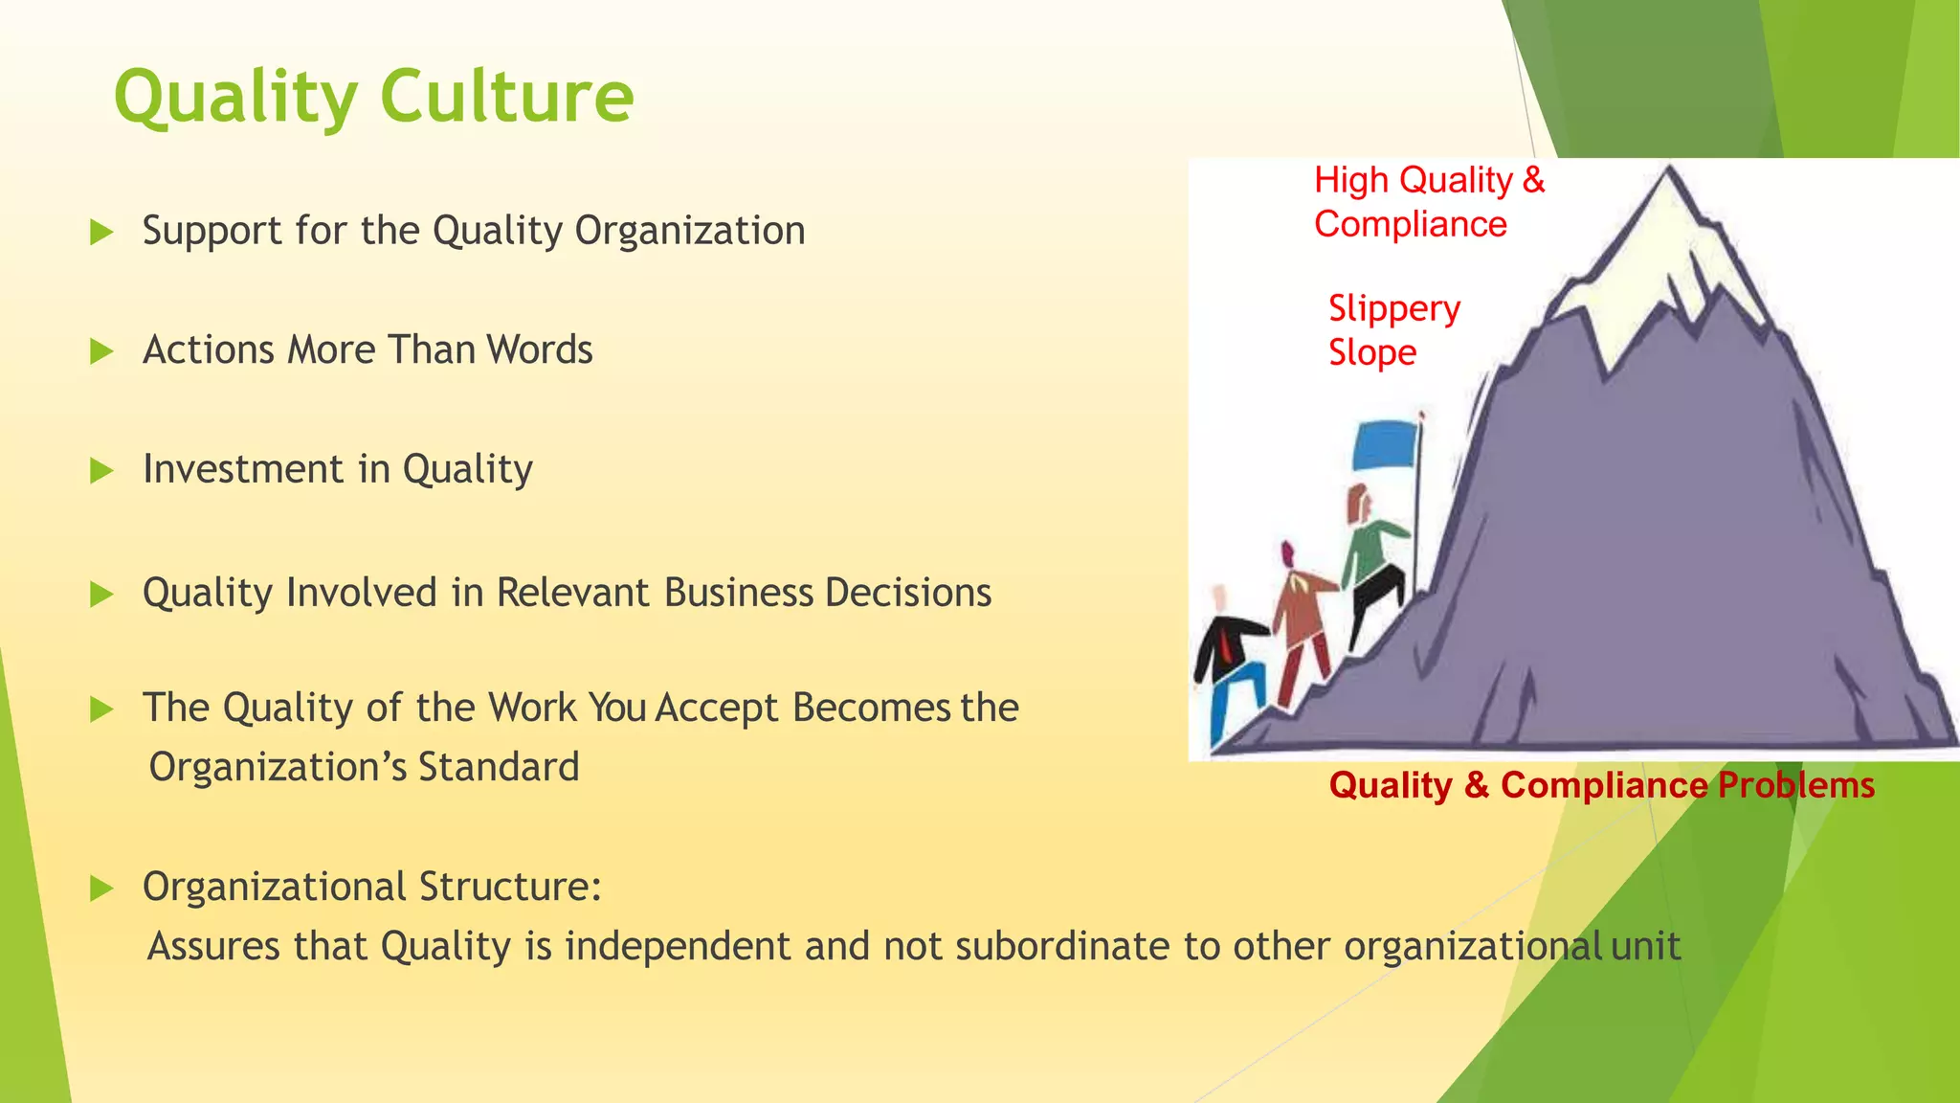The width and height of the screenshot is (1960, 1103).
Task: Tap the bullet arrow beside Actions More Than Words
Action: click(100, 351)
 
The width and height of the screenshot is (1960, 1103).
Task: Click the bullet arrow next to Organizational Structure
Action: click(100, 888)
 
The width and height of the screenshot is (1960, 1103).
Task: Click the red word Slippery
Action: click(1394, 309)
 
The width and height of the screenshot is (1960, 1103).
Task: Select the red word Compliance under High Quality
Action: click(1410, 224)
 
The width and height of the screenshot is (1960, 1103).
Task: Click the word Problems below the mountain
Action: click(1795, 785)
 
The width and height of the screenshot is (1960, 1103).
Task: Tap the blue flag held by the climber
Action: click(1384, 445)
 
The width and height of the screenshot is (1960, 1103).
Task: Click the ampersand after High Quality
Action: click(1533, 180)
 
